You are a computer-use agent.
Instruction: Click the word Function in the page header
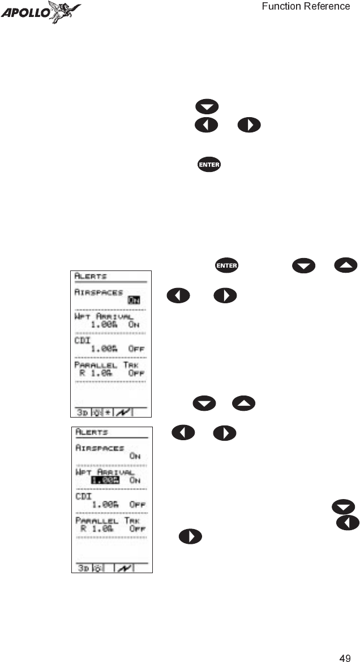pyautogui.click(x=282, y=6)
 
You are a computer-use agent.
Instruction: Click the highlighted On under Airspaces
pyautogui.click(x=134, y=300)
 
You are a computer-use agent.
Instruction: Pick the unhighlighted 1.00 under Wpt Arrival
pyautogui.click(x=104, y=324)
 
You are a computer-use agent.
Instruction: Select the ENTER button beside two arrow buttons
pyautogui.click(x=226, y=265)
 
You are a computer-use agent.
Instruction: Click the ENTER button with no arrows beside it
pyautogui.click(x=209, y=165)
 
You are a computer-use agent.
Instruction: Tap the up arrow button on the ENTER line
pyautogui.click(x=346, y=265)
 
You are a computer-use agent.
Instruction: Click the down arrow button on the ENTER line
pyautogui.click(x=303, y=265)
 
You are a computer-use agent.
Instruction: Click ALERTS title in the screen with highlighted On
pyautogui.click(x=91, y=277)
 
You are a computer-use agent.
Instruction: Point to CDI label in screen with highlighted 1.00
pyautogui.click(x=84, y=496)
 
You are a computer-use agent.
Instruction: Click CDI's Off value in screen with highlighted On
pyautogui.click(x=136, y=349)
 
